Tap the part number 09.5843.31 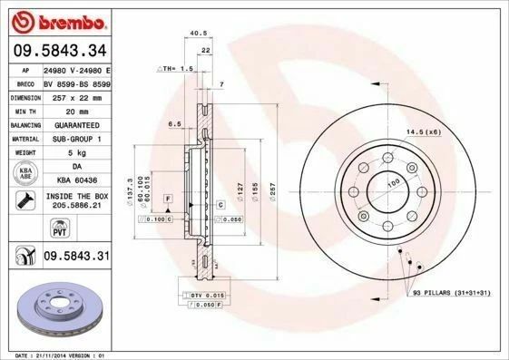pos(76,258)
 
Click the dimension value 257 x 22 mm pos(75,95)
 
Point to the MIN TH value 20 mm pos(75,109)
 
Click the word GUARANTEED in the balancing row pos(75,123)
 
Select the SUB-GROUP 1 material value pos(75,138)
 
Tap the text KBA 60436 pos(75,180)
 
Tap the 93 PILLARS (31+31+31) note pos(451,293)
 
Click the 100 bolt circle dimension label pos(394,182)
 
